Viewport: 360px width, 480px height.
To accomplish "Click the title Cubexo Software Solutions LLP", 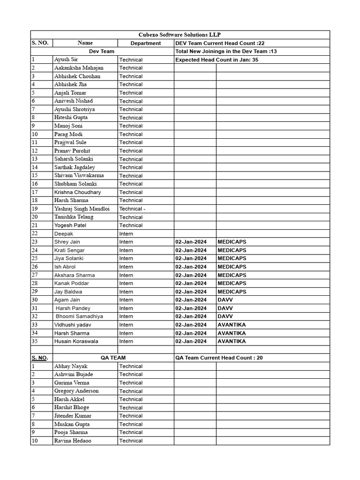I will tap(180, 35).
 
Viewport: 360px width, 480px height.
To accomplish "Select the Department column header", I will tap(145, 43).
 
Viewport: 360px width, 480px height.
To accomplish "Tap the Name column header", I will tap(85, 43).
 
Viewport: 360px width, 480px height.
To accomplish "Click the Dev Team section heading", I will tap(102, 51).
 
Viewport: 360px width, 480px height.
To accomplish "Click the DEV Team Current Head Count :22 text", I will tap(219, 43).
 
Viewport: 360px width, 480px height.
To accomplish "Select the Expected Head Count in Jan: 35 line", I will tap(217, 60).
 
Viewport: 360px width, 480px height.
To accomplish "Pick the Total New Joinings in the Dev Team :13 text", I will tap(226, 51).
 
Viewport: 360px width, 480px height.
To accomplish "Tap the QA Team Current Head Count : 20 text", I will tap(219, 358).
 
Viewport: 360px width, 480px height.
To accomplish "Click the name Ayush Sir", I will tap(66, 60).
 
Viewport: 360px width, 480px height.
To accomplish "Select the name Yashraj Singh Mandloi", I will tap(82, 209).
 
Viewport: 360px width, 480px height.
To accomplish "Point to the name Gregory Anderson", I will tap(76, 391).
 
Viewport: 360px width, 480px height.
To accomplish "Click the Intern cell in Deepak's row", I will tap(126, 233).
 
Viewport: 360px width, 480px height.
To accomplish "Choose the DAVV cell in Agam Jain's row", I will tap(225, 300).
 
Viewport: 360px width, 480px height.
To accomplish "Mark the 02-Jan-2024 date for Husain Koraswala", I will tap(191, 341).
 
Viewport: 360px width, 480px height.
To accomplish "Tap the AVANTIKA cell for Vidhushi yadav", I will tap(232, 325).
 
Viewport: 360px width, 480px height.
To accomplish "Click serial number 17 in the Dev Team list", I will tap(35, 192).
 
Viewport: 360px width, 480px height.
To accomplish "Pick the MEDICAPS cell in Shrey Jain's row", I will tap(232, 242).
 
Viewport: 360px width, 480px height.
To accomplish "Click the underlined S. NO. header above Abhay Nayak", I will tap(40, 358).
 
